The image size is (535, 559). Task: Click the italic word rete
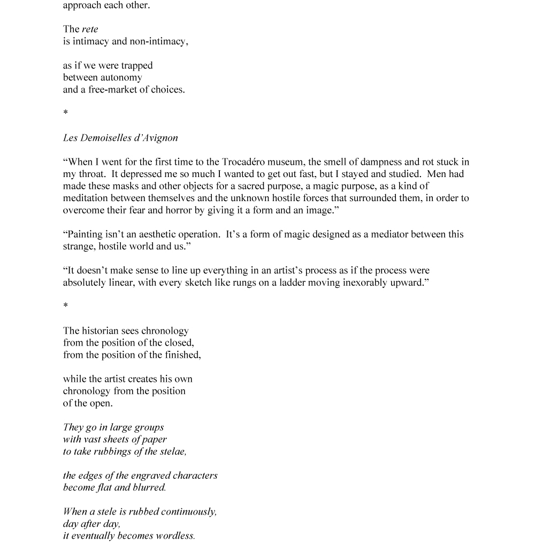pos(90,29)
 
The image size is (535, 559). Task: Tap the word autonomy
pos(121,78)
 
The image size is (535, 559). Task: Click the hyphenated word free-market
pos(112,90)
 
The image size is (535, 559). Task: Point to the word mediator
pos(384,234)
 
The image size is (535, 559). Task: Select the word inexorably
pos(365,282)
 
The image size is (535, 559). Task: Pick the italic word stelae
pos(171,451)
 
